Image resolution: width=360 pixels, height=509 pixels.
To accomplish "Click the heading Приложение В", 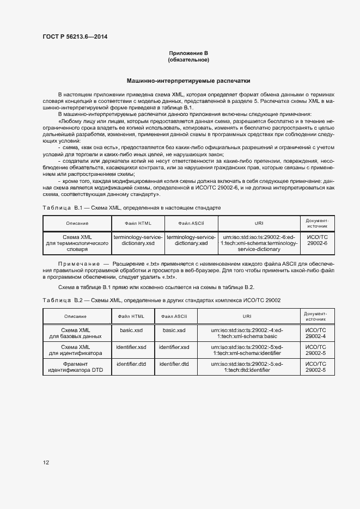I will [188, 53].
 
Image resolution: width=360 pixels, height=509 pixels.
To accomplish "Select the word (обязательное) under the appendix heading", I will [188, 59].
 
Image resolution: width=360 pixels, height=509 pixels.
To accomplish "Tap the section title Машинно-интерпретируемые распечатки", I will [188, 79].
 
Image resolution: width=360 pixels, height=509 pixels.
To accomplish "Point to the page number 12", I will [46, 463].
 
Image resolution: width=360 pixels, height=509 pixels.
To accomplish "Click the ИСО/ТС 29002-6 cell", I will [317, 240].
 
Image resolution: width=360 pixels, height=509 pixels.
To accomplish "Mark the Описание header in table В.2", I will [76, 316].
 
